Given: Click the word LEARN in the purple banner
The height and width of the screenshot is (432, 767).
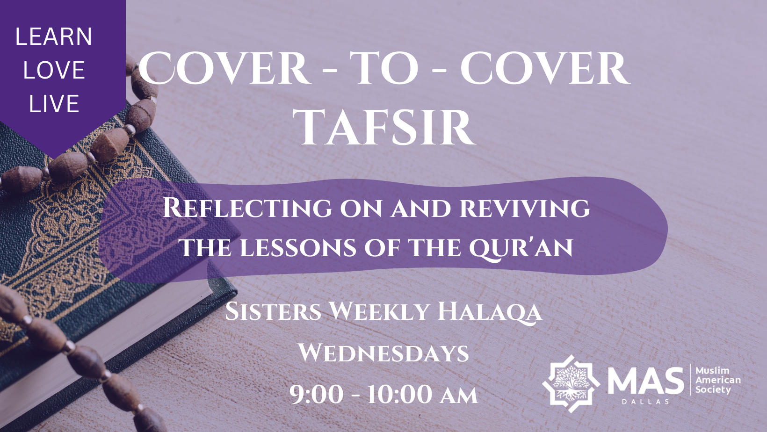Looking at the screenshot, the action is click(54, 36).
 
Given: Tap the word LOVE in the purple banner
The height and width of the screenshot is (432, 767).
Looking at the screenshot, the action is click(54, 70).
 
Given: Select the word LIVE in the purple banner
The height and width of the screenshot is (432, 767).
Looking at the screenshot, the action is click(54, 104).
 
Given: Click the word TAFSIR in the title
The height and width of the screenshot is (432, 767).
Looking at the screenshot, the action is click(387, 128).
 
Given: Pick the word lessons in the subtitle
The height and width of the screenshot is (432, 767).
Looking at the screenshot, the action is click(298, 248).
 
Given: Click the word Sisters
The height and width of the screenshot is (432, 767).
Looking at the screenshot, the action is click(273, 311).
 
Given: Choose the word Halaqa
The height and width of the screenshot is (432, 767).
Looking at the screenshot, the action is click(490, 312).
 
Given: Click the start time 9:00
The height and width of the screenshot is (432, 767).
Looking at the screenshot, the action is click(316, 394).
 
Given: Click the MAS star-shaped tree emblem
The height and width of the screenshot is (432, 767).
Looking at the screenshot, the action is click(571, 384).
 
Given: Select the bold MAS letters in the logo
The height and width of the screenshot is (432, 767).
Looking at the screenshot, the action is click(645, 381).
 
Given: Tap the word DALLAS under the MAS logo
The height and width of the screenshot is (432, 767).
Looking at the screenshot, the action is click(645, 402).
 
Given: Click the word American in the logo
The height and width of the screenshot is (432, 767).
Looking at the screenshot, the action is click(718, 380).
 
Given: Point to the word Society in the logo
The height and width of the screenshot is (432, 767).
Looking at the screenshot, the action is click(713, 390).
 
